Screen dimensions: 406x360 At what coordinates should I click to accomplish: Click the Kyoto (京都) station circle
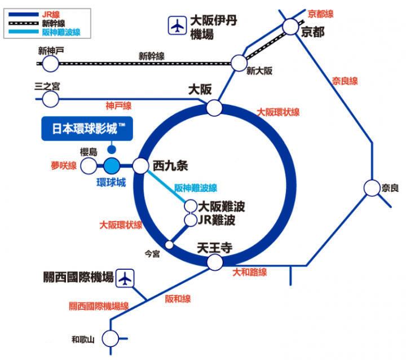pos(290,27)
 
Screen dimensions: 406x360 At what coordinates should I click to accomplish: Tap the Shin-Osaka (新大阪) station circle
pos(239,63)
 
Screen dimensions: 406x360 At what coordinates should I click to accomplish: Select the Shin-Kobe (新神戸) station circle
pos(51,64)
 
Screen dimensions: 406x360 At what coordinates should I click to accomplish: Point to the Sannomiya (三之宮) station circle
pos(51,99)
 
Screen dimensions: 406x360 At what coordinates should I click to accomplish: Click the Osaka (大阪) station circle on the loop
pos(214,108)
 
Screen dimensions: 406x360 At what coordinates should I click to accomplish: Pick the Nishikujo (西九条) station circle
pos(140,166)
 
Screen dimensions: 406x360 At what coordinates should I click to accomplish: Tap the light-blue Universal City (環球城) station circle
pos(112,166)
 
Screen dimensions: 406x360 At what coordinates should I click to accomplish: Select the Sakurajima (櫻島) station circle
pos(89,166)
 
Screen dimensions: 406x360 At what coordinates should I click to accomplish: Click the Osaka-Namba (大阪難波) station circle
pos(191,206)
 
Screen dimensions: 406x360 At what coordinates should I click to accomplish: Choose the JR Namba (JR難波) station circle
pos(191,220)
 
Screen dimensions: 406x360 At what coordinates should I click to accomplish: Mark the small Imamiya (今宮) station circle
pos(169,244)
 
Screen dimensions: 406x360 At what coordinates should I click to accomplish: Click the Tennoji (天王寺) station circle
pos(215,262)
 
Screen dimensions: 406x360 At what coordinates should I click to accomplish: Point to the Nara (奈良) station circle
pos(372,188)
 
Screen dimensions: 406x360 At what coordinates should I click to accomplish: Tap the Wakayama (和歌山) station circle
pos(111,339)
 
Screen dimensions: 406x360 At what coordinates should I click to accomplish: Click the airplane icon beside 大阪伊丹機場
pos(178,25)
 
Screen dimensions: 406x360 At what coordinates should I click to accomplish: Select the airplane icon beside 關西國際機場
pos(125,278)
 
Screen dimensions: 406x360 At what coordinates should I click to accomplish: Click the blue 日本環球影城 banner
pos(87,129)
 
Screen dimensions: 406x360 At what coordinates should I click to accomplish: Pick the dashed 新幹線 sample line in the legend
pos(24,23)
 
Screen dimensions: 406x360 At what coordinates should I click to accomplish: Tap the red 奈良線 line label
pos(345,81)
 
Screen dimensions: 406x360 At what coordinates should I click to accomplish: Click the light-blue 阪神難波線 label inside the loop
pos(196,188)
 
